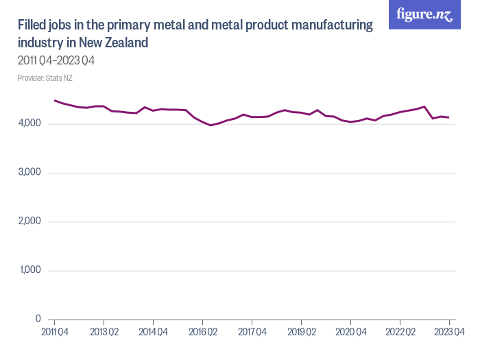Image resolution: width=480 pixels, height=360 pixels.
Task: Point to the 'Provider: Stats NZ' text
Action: [x=45, y=78]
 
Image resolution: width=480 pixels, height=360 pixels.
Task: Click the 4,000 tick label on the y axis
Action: [x=30, y=123]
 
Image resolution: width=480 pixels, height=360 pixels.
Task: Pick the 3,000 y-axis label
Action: [x=30, y=173]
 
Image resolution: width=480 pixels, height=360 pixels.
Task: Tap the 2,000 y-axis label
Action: [x=30, y=221]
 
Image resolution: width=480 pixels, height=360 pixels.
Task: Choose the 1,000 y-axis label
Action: [x=31, y=270]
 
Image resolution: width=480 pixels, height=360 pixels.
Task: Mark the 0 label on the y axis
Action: [x=38, y=320]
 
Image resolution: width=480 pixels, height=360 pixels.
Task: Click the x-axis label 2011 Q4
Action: [x=54, y=333]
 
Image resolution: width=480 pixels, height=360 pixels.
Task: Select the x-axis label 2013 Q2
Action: [x=104, y=333]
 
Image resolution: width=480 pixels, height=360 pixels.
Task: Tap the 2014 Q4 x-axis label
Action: [x=153, y=333]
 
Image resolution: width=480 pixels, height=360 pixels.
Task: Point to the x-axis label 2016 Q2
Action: [x=202, y=333]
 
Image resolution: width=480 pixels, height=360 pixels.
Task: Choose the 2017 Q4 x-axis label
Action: [x=252, y=333]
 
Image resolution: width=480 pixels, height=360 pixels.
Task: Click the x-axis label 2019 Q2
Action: [x=301, y=333]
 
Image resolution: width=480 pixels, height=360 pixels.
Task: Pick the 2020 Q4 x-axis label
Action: [x=350, y=333]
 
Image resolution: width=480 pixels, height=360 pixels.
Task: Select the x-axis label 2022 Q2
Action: [x=400, y=333]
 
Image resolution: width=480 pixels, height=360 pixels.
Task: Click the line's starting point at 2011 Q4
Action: [x=54, y=101]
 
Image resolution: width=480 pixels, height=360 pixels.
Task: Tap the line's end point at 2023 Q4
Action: [x=449, y=117]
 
